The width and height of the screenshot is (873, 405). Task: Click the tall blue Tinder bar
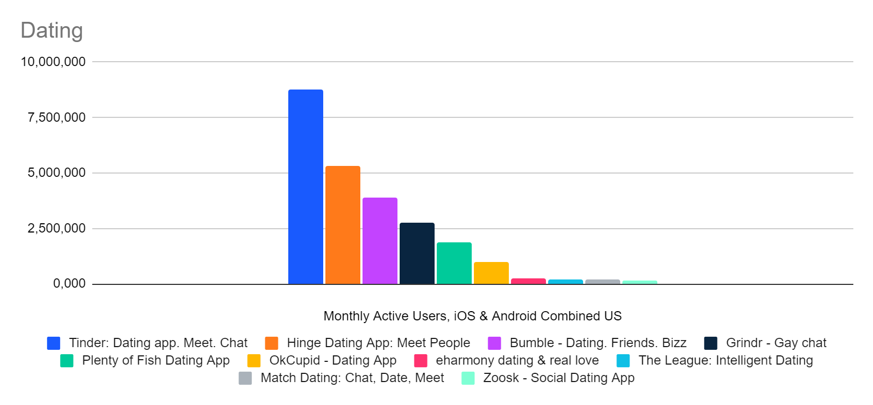(x=305, y=187)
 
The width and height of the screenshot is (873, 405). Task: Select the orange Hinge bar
(x=342, y=225)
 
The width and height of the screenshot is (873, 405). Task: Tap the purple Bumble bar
(x=379, y=241)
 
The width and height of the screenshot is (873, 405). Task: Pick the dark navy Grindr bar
(x=417, y=253)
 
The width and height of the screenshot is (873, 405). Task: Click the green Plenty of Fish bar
(x=454, y=263)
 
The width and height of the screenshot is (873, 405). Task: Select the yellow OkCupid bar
(x=491, y=273)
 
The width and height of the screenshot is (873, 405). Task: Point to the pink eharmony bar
(x=528, y=281)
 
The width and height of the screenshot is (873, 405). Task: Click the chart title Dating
(x=51, y=31)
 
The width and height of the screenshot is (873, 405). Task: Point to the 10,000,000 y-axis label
(x=53, y=62)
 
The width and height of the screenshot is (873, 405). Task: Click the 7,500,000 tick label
(x=56, y=117)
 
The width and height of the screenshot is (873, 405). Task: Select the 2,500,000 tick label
(x=56, y=228)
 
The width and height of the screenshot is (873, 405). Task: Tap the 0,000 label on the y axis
(x=69, y=283)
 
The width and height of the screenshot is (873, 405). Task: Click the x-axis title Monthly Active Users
(x=472, y=316)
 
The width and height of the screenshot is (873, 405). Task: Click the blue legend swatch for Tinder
(x=54, y=343)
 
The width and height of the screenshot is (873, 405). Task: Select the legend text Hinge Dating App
(x=378, y=343)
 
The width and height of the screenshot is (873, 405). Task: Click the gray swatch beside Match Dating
(x=245, y=378)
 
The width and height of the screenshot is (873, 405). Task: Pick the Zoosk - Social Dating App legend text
(x=559, y=378)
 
